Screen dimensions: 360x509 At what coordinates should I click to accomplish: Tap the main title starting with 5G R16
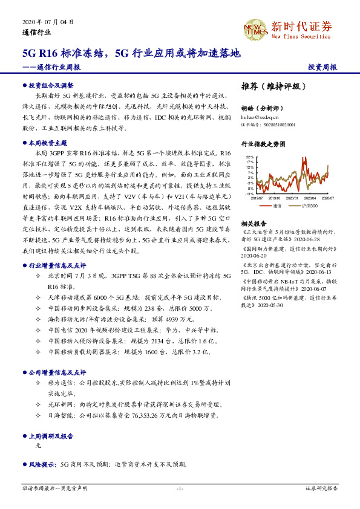pyautogui.click(x=131, y=53)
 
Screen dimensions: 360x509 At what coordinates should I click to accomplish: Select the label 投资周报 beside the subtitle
pyautogui.click(x=322, y=68)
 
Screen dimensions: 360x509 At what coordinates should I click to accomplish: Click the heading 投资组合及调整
pyautogui.click(x=51, y=86)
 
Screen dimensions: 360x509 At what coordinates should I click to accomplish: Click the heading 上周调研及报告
pyautogui.click(x=51, y=435)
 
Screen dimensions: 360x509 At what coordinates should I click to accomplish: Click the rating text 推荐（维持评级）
pyautogui.click(x=274, y=86)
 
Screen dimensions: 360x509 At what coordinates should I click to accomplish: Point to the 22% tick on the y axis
pyautogui.click(x=250, y=158)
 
